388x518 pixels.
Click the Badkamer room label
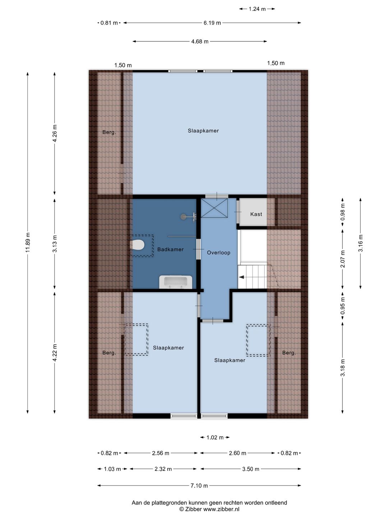[170, 249]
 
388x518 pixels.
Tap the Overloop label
[219, 253]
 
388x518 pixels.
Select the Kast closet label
[256, 214]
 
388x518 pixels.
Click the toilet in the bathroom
[137, 245]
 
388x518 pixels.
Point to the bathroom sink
[176, 282]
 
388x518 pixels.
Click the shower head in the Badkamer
[183, 217]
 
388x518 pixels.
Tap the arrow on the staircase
[241, 277]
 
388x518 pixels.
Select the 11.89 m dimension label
[28, 242]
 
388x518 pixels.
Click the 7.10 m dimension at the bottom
[199, 485]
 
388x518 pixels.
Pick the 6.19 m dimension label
[212, 23]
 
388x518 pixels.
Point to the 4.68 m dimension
[200, 41]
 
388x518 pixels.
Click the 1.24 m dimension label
[257, 9]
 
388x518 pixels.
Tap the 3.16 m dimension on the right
[361, 243]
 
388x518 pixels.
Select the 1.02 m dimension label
[215, 437]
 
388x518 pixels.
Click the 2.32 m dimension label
[163, 469]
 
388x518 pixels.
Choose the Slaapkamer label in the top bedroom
[203, 131]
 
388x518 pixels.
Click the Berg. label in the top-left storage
[109, 132]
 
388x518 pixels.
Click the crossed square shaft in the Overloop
[214, 208]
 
